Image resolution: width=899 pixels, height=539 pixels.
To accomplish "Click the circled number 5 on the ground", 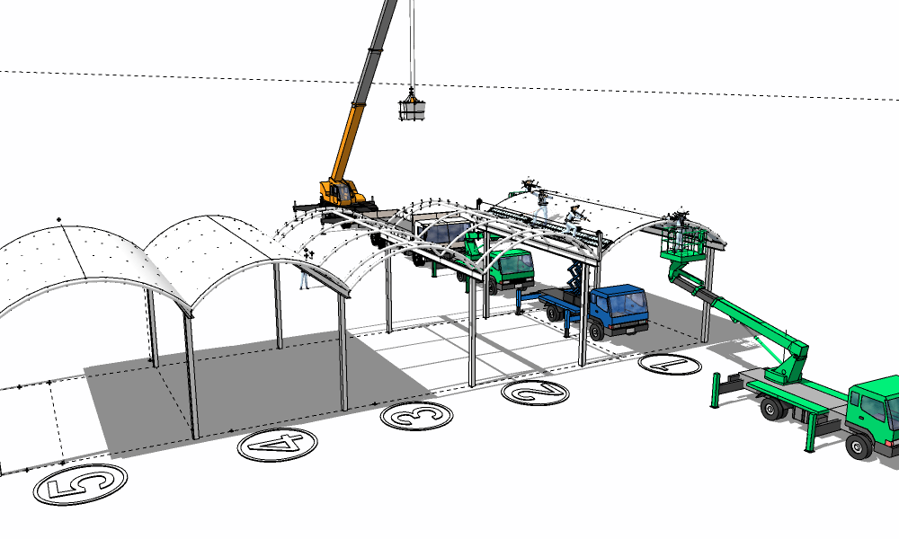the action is tap(80, 484).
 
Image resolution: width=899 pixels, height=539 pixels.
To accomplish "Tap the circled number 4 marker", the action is tap(278, 445).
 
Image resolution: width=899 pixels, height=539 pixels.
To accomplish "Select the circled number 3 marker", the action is tap(417, 416).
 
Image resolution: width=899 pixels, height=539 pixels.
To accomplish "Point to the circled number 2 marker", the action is tap(536, 393).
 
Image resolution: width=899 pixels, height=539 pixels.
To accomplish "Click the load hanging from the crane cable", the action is tap(412, 108).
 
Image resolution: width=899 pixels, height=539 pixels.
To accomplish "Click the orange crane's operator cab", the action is tap(343, 192).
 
